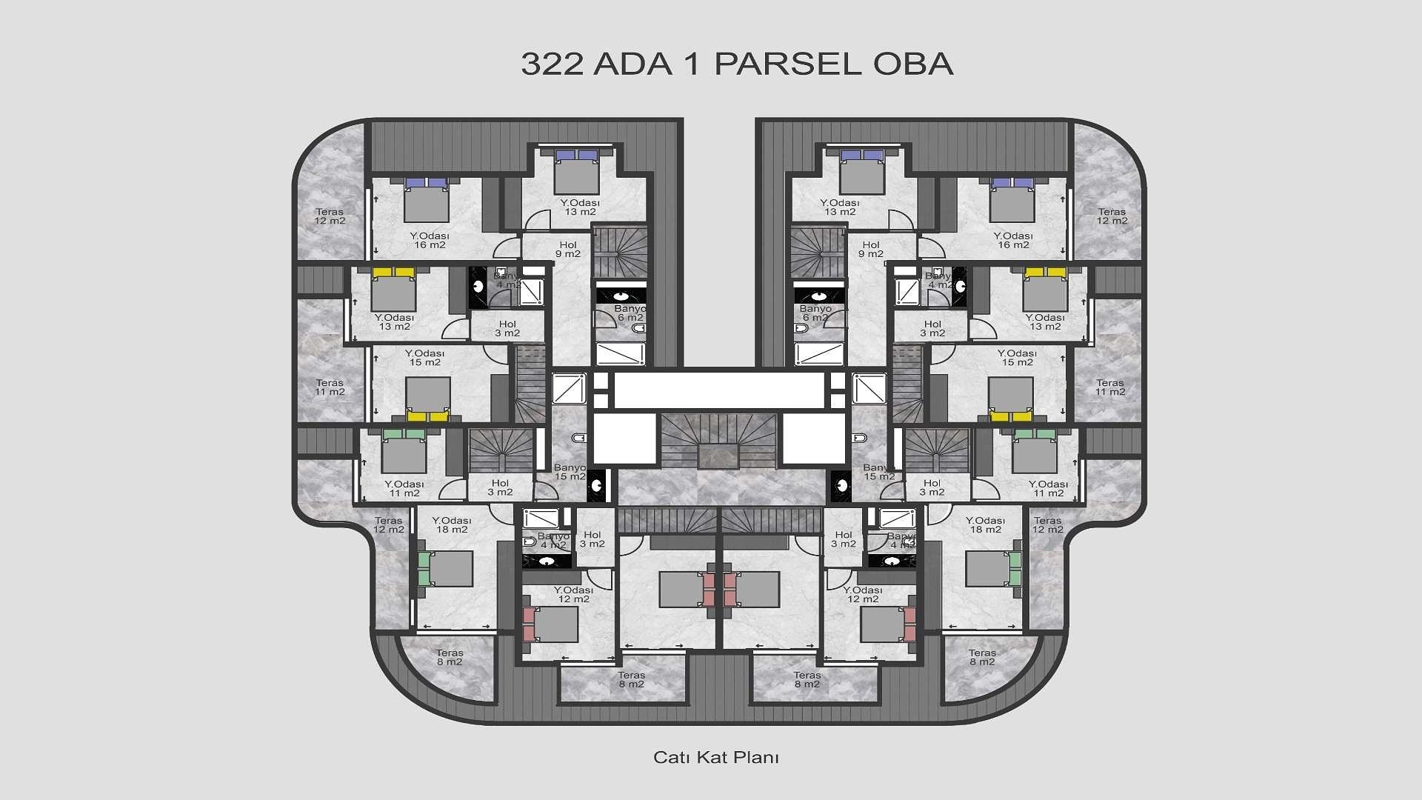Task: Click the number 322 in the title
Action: pyautogui.click(x=552, y=64)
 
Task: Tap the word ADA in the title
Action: pyautogui.click(x=633, y=64)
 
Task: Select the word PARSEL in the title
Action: pyautogui.click(x=787, y=64)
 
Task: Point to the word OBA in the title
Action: pyautogui.click(x=913, y=64)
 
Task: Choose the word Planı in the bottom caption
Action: pyautogui.click(x=756, y=758)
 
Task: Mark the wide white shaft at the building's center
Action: pyautogui.click(x=719, y=390)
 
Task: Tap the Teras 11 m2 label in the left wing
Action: pyautogui.click(x=330, y=387)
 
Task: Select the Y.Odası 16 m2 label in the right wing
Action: pyautogui.click(x=1013, y=241)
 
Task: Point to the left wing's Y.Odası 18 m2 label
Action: pyautogui.click(x=452, y=525)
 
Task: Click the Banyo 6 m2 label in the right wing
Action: pyautogui.click(x=815, y=313)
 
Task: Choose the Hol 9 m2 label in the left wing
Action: pyautogui.click(x=568, y=250)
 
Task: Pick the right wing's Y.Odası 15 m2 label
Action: pyautogui.click(x=1017, y=358)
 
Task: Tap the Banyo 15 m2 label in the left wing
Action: pyautogui.click(x=570, y=472)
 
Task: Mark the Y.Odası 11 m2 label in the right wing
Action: pyautogui.click(x=1048, y=489)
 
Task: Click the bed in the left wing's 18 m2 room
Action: pyautogui.click(x=444, y=568)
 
